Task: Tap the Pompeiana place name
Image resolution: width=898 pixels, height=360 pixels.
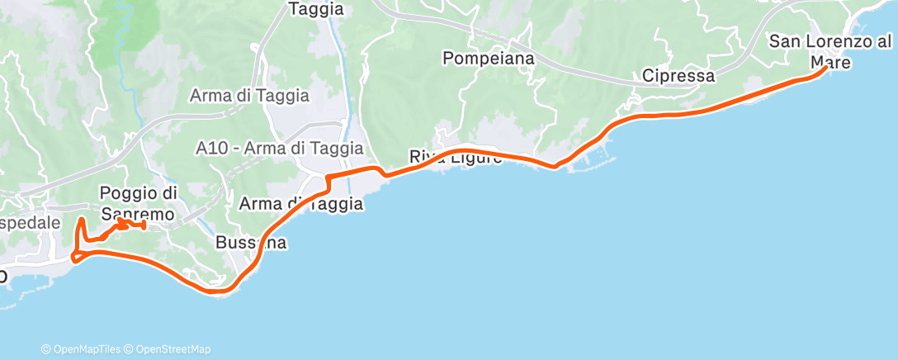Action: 488,59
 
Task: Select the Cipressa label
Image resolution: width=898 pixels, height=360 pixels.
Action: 678,76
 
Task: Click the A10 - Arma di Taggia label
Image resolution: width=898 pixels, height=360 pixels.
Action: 281,149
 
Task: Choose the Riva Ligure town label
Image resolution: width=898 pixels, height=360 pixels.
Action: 456,158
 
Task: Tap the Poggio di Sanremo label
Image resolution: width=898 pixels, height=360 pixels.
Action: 139,203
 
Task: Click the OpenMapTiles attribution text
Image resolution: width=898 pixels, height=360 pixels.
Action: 83,349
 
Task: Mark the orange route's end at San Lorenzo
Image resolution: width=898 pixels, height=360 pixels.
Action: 826,69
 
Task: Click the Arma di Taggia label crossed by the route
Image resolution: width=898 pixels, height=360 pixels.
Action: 300,203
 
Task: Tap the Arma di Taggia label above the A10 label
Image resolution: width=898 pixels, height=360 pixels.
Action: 249,95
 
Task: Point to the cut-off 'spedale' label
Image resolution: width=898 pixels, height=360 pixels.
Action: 31,223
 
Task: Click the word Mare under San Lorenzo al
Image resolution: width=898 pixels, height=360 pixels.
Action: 830,61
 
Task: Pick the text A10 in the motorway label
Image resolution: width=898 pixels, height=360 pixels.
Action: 211,149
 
